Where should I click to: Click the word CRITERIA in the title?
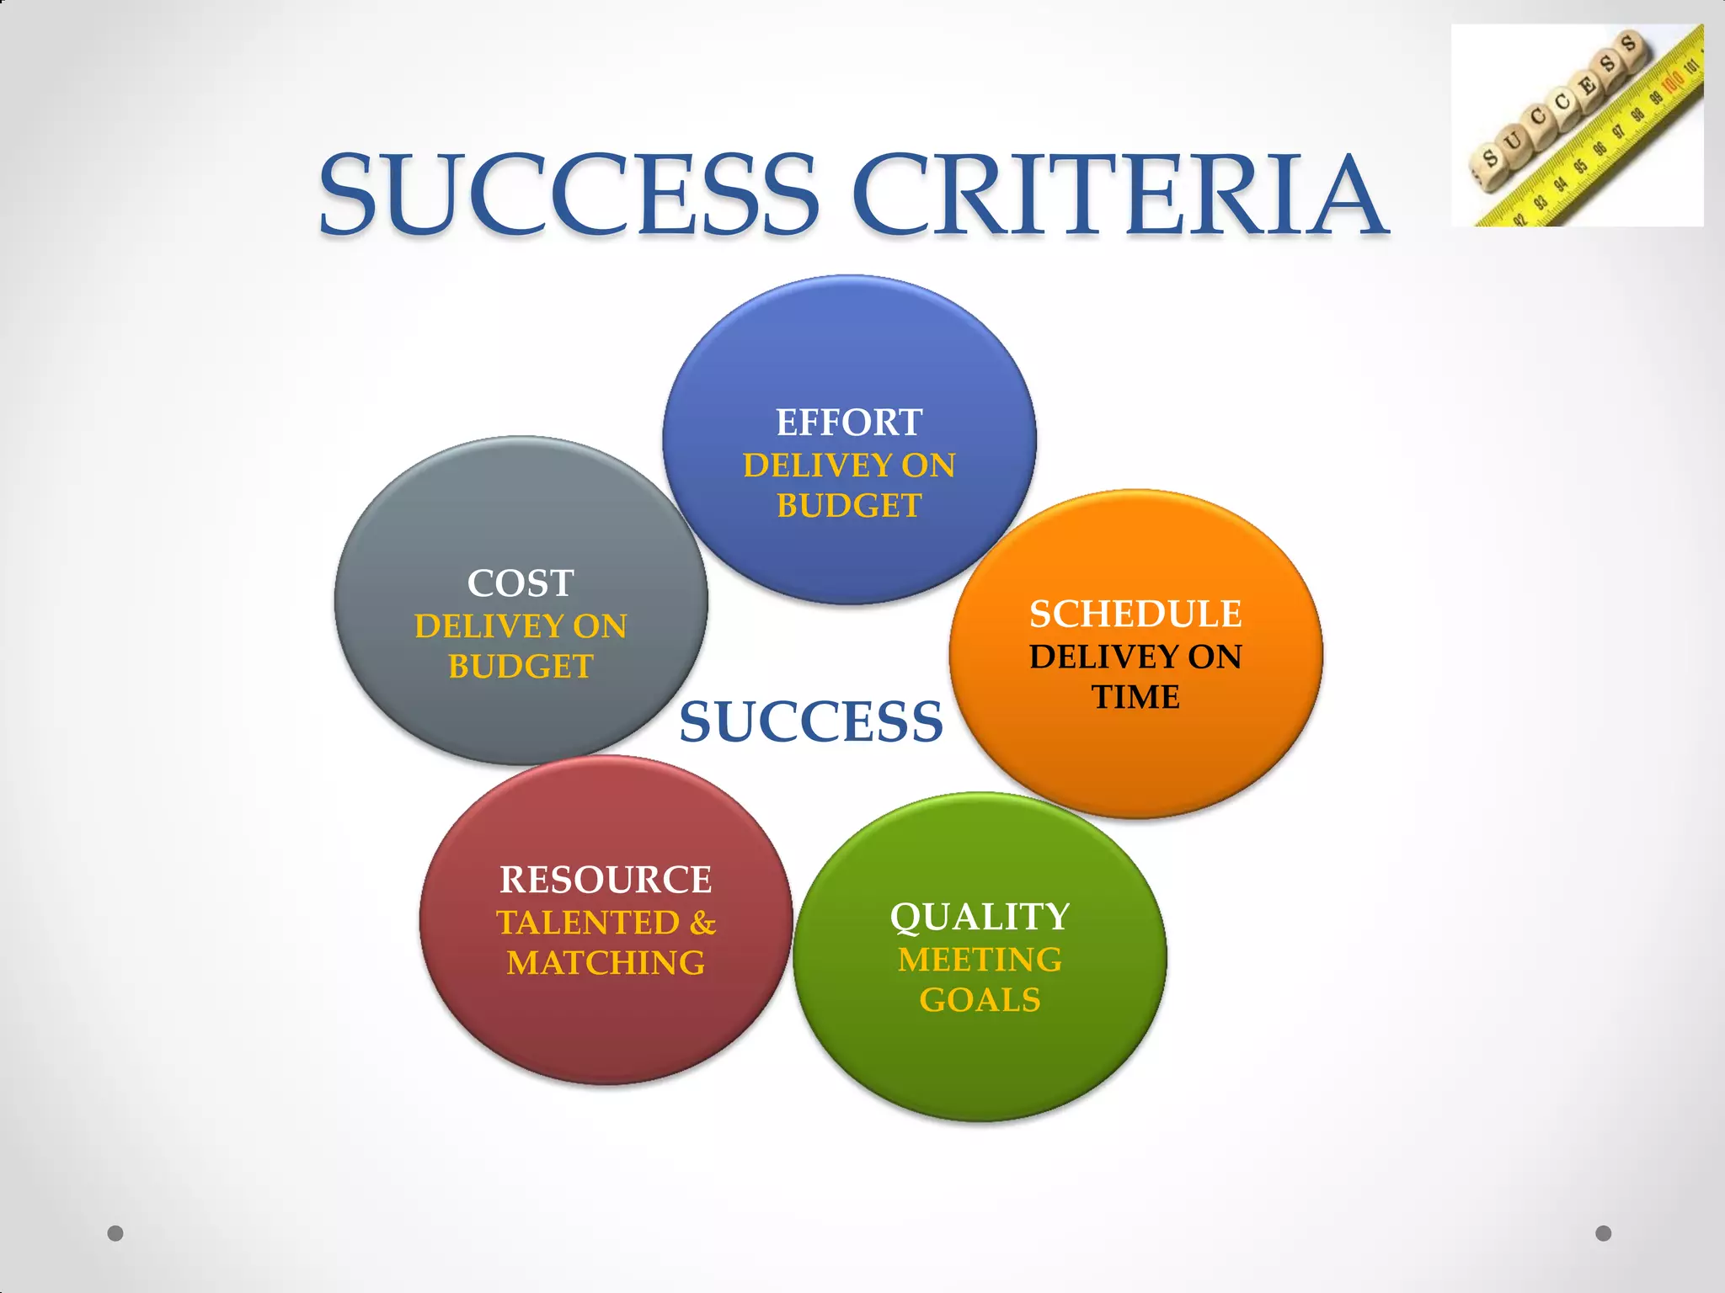1119,194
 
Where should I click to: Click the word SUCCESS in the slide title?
569,194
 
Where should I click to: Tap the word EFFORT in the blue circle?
849,423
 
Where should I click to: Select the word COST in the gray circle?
521,583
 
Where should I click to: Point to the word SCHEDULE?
1135,615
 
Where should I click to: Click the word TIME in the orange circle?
1135,697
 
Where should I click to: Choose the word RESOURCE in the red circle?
606,881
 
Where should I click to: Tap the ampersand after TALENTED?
702,923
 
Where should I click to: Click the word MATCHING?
606,963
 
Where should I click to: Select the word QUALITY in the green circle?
980,918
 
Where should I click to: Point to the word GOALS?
980,1000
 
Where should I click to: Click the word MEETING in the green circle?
980,960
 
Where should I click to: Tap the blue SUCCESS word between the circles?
811,722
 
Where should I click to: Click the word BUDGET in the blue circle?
849,506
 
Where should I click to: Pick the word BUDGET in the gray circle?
521,667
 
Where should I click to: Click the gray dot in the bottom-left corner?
115,1233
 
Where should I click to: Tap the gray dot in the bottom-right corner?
1604,1233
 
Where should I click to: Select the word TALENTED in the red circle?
588,923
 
